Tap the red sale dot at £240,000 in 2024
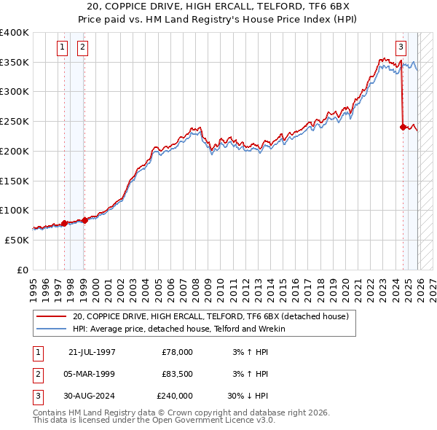tap(403, 127)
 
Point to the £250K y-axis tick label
tap(15, 122)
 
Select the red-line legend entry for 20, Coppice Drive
tap(210, 316)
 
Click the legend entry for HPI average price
tap(179, 329)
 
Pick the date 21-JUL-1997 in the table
tap(92, 352)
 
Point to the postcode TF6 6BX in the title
tap(315, 7)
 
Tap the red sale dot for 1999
tap(84, 219)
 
